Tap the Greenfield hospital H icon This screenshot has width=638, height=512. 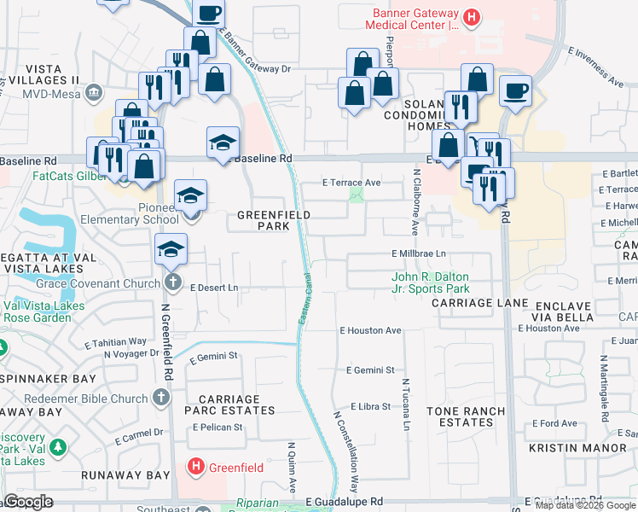(x=195, y=467)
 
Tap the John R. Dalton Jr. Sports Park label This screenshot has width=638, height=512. (x=430, y=282)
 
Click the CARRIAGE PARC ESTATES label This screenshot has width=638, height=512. (x=236, y=404)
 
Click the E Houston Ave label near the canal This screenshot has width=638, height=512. (x=369, y=330)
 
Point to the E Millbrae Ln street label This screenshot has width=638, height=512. (x=419, y=253)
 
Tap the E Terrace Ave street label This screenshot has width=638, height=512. (x=351, y=183)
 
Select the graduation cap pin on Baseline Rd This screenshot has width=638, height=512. (x=223, y=142)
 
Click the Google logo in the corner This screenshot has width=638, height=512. (x=28, y=502)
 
